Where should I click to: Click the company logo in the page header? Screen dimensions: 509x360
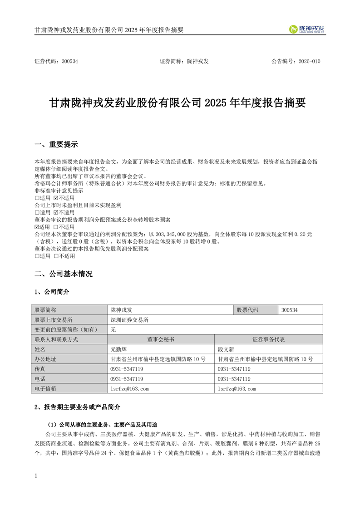307,29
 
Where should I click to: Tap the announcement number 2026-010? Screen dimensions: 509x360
309,61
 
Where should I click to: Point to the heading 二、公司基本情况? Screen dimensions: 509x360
63,274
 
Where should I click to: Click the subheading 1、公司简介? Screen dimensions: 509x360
52,291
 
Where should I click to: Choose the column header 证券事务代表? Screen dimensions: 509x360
268,339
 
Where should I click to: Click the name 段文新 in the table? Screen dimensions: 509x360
226,349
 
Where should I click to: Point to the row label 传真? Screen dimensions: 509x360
40,369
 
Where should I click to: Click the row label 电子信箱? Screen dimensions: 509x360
45,389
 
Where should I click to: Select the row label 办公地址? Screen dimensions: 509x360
45,359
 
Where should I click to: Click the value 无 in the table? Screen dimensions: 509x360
113,330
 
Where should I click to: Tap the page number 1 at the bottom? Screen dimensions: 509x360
36,476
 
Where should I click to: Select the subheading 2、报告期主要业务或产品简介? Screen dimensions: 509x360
78,407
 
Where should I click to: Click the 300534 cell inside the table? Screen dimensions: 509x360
290,310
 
